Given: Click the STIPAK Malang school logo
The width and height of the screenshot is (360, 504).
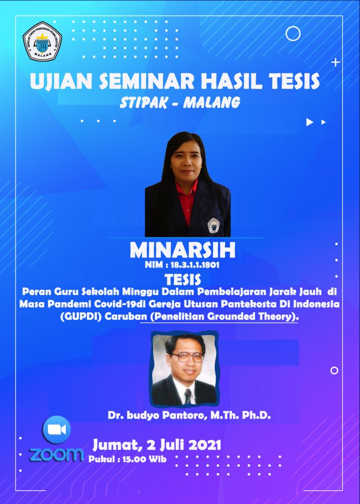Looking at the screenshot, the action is (x=42, y=41).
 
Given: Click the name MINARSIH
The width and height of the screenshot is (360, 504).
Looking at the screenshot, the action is (x=182, y=251).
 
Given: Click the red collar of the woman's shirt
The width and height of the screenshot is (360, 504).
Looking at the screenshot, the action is (x=187, y=193).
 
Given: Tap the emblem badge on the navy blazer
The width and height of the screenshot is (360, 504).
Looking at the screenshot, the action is (x=213, y=225).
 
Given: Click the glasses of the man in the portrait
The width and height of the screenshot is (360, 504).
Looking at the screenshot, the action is (x=187, y=357).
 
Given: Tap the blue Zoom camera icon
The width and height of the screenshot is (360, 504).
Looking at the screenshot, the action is (x=57, y=429).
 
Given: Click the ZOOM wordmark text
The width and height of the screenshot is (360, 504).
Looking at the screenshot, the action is (x=57, y=454).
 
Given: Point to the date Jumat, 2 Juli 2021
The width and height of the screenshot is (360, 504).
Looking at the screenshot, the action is (x=157, y=445).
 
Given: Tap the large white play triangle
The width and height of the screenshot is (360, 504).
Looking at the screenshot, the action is (x=309, y=122).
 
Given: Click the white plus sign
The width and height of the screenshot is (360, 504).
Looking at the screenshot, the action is (x=335, y=63).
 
